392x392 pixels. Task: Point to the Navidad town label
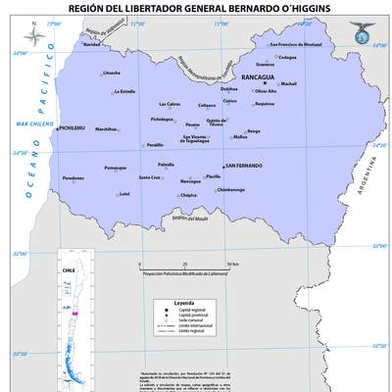(91, 44)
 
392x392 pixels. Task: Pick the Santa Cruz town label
(150, 177)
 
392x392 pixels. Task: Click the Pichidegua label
(162, 119)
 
